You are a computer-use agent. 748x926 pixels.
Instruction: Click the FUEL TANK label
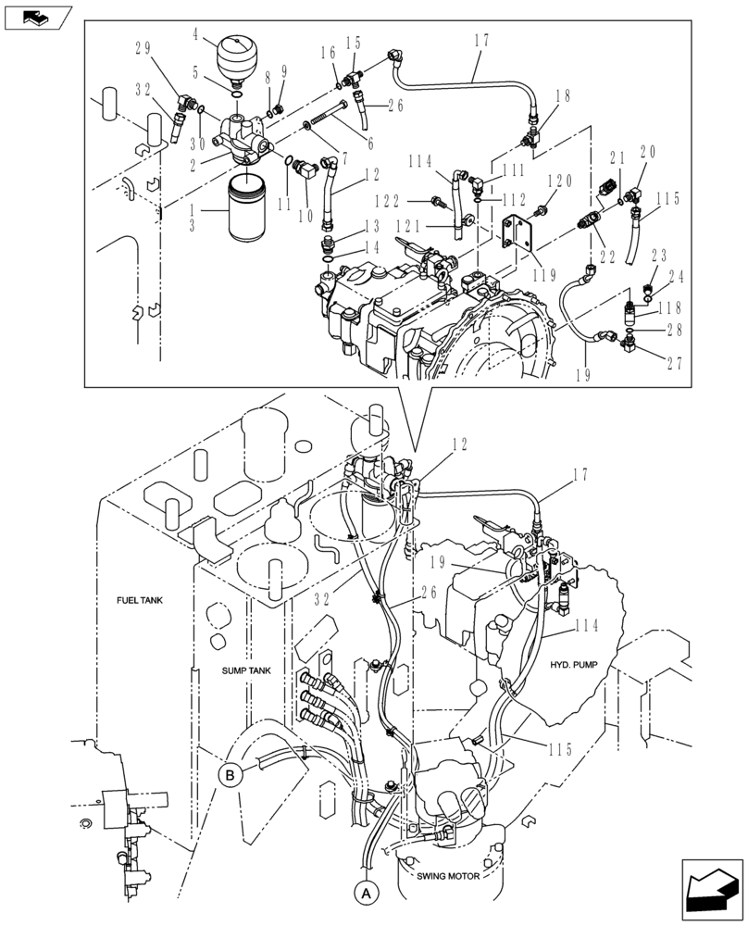tap(140, 600)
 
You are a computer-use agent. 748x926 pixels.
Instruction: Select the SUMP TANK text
tap(245, 669)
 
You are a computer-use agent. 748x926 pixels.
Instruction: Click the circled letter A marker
tap(367, 895)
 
